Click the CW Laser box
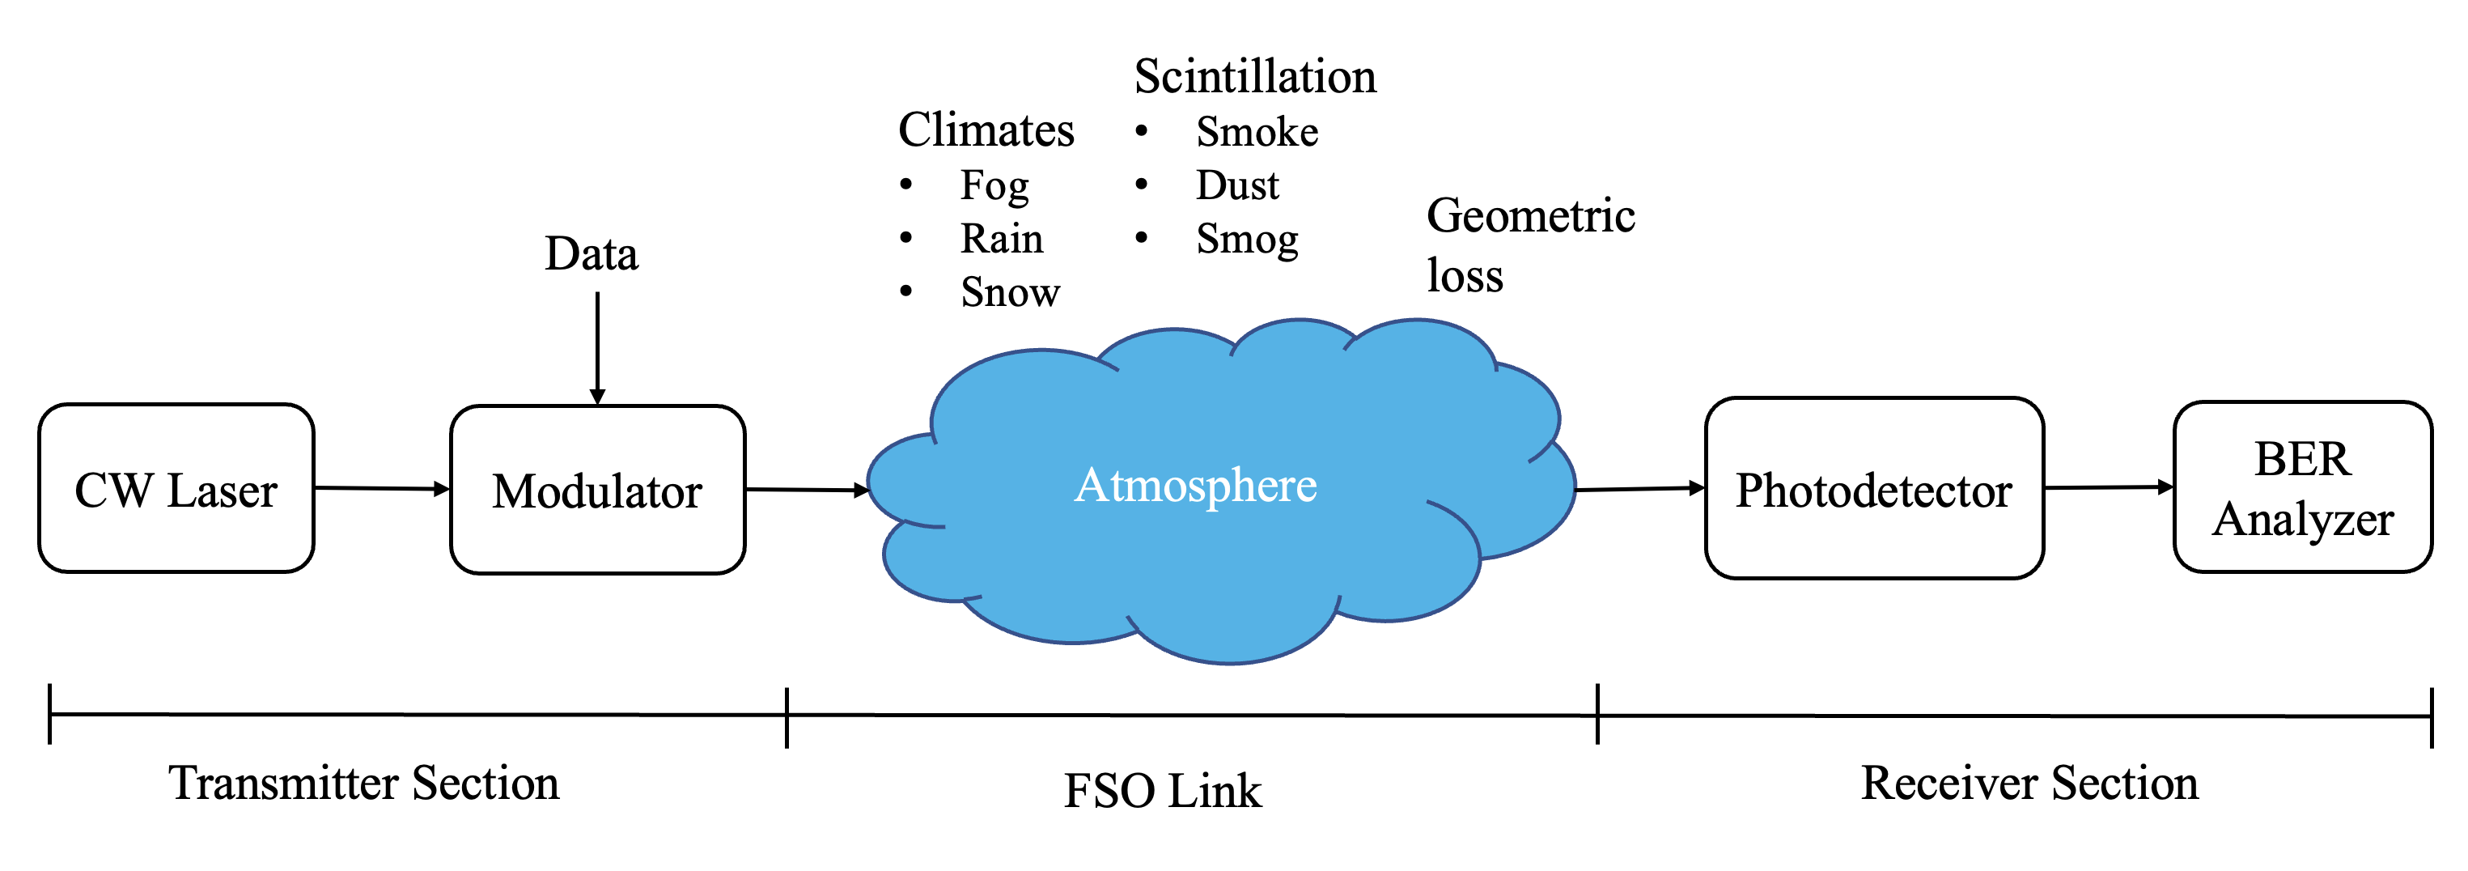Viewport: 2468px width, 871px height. pyautogui.click(x=176, y=489)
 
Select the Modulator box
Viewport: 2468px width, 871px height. pyautogui.click(x=598, y=490)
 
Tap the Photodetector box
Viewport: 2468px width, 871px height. pyautogui.click(x=1875, y=489)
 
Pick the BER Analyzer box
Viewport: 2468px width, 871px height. pyautogui.click(x=2303, y=486)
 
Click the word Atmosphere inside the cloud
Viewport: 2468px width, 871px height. pyautogui.click(x=1196, y=485)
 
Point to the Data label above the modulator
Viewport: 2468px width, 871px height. pyautogui.click(x=592, y=254)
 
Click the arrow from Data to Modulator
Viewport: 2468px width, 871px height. pyautogui.click(x=598, y=349)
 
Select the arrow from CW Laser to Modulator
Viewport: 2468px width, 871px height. pyautogui.click(x=382, y=489)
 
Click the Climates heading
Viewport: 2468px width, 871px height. pyautogui.click(x=986, y=130)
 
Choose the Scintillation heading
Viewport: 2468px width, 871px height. pyautogui.click(x=1255, y=76)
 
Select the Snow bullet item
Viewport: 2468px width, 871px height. pyautogui.click(x=1010, y=292)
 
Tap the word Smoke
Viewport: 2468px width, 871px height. pyautogui.click(x=1257, y=132)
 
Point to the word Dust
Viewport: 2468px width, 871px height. pyautogui.click(x=1237, y=185)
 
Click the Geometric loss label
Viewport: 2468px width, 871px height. pyautogui.click(x=1530, y=245)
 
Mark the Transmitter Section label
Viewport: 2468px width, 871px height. pyautogui.click(x=364, y=783)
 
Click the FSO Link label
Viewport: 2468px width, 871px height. pyautogui.click(x=1162, y=792)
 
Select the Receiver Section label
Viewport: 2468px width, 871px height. pyautogui.click(x=2029, y=783)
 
